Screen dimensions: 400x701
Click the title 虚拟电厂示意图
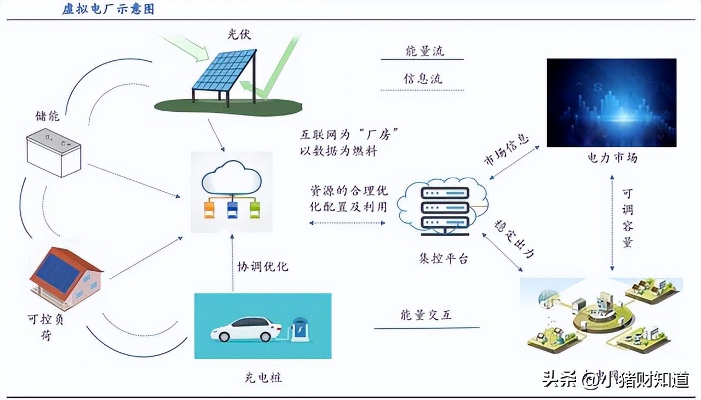(108, 10)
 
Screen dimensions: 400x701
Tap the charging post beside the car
(300, 329)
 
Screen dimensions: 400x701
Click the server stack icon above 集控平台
(445, 209)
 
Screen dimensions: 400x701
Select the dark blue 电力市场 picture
(611, 102)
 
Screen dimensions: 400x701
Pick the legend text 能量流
(424, 52)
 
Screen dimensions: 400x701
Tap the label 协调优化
(262, 267)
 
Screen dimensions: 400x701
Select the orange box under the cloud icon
(209, 209)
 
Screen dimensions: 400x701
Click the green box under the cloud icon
(255, 209)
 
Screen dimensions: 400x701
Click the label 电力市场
(612, 158)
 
